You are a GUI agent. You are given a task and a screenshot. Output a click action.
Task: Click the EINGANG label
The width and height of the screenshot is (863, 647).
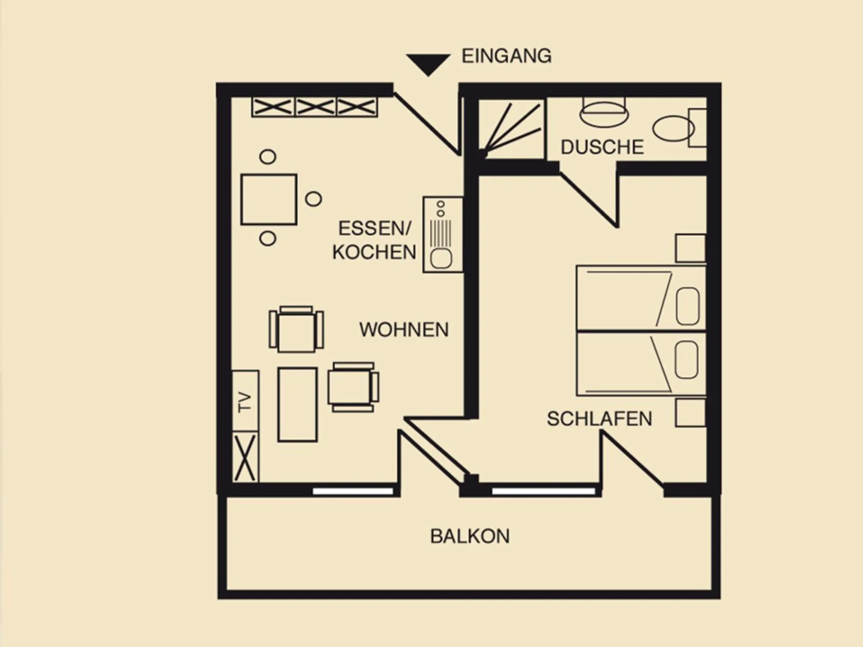[507, 56]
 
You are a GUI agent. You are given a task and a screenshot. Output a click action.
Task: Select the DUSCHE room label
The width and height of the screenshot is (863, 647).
[602, 147]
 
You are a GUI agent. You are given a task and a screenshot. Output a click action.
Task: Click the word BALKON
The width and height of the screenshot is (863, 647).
[470, 536]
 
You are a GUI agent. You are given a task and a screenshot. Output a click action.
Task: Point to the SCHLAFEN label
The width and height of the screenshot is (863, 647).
[599, 419]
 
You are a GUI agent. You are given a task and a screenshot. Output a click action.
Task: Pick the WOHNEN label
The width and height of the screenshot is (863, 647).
[404, 329]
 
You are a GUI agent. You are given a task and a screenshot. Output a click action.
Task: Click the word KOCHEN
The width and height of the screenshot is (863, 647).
[374, 252]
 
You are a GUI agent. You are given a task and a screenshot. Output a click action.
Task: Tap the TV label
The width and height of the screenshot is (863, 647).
[244, 402]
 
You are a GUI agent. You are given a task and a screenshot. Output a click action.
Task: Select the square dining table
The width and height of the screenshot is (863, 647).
[269, 199]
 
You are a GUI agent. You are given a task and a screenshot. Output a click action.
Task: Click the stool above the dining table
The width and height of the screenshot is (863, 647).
[268, 157]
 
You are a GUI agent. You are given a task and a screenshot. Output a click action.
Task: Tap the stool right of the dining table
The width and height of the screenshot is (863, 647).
[314, 199]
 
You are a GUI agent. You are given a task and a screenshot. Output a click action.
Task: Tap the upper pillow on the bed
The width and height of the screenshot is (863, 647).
[688, 306]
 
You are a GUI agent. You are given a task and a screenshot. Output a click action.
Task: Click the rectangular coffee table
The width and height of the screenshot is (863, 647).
[297, 405]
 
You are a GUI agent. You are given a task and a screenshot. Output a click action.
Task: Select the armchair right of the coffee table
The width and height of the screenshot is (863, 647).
[353, 387]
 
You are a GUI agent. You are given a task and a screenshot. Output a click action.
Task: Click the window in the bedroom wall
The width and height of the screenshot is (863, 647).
[544, 491]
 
